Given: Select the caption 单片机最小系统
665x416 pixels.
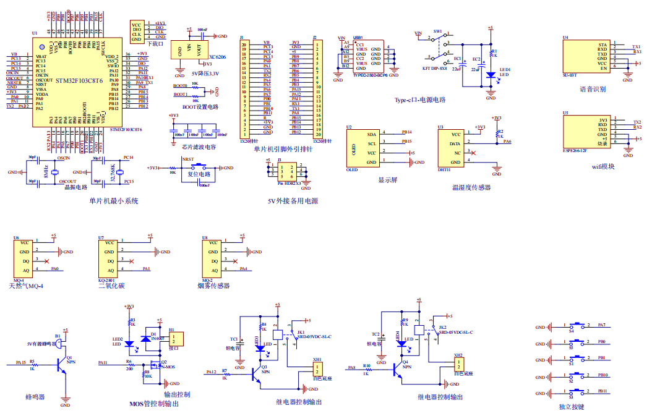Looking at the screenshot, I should tap(114, 201).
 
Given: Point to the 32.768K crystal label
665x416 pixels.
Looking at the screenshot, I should tap(113, 170).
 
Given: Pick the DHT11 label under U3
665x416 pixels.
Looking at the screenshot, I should tap(444, 169).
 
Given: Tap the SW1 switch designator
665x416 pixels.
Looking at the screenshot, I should tap(437, 30).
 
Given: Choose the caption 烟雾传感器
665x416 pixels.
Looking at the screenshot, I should tap(213, 286).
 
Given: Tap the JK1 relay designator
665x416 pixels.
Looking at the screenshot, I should tap(301, 332).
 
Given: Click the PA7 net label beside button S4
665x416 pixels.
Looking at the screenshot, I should tap(602, 325).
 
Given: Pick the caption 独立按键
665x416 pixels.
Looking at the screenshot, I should tap(571, 407).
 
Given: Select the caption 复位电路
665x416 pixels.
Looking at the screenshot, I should tap(199, 174).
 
